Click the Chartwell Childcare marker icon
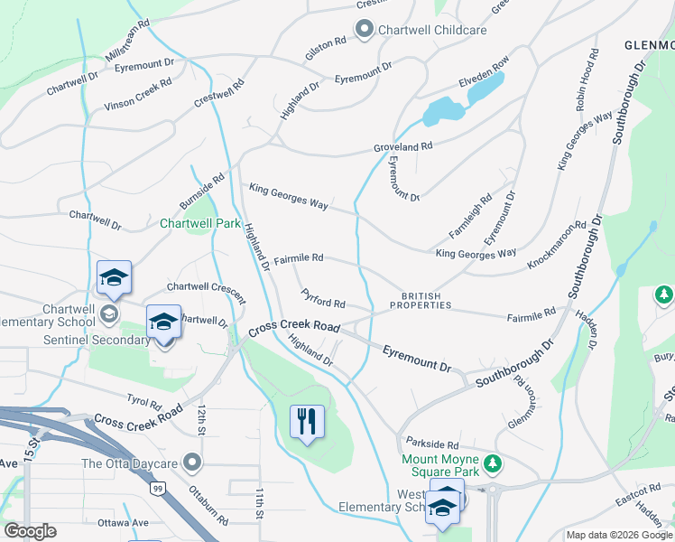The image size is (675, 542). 365,30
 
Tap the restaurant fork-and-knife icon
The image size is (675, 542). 307,420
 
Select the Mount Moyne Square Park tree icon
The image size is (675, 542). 491,463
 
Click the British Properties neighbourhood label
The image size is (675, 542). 421,300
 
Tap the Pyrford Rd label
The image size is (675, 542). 324,298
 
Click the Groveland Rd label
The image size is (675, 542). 403,146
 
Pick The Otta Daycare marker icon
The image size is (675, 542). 191,463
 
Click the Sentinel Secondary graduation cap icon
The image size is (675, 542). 163,322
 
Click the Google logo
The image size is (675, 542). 30,531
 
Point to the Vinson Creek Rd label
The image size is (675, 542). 138,95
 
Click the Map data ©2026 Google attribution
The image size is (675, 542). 619,535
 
